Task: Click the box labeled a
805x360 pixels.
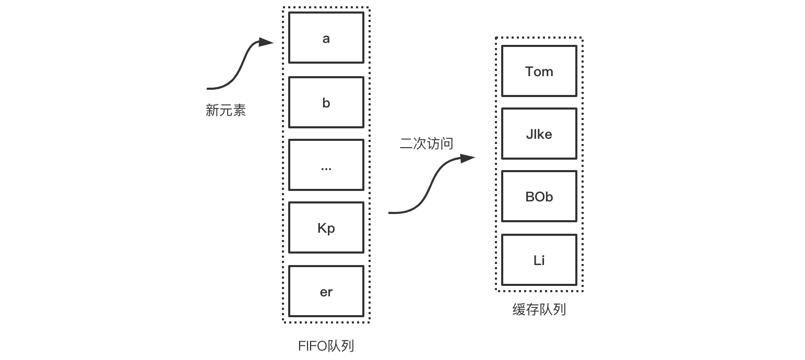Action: pyautogui.click(x=326, y=38)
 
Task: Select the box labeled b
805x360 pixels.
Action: pyautogui.click(x=326, y=102)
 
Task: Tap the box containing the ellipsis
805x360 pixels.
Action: pyautogui.click(x=326, y=165)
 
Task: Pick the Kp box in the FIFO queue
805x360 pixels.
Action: pyautogui.click(x=326, y=227)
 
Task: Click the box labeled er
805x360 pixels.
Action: pyautogui.click(x=326, y=291)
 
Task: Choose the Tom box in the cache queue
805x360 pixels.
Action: pyautogui.click(x=539, y=71)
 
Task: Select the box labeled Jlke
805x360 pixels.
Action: pyautogui.click(x=539, y=134)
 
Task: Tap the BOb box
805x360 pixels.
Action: pyautogui.click(x=539, y=196)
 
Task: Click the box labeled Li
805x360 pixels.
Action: pyautogui.click(x=539, y=260)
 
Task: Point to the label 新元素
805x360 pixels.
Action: pyautogui.click(x=226, y=111)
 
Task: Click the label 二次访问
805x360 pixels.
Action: pyautogui.click(x=427, y=144)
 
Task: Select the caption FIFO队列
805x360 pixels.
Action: pyautogui.click(x=326, y=346)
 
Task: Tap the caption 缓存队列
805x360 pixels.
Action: pyautogui.click(x=539, y=310)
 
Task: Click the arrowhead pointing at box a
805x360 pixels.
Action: pyautogui.click(x=267, y=42)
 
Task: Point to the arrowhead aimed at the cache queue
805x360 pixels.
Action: pyautogui.click(x=468, y=158)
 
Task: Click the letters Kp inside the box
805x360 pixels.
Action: pyautogui.click(x=326, y=229)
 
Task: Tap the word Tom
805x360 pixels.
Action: pyautogui.click(x=539, y=71)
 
